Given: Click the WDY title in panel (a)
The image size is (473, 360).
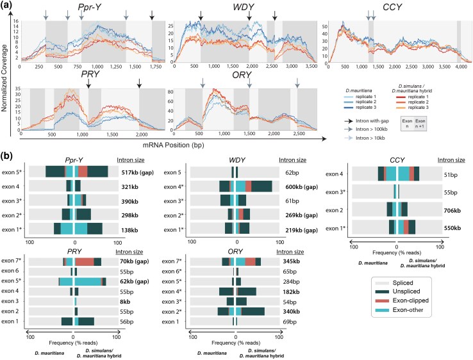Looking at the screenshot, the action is click(x=244, y=7).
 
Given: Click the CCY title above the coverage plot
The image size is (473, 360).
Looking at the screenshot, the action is click(x=392, y=7).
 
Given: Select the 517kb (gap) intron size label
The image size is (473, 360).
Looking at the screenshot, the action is click(x=138, y=173).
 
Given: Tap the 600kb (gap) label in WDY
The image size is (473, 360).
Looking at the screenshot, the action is click(x=302, y=187).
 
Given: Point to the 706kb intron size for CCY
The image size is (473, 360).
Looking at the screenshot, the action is click(x=452, y=211).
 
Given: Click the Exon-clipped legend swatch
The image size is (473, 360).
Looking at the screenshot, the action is click(x=383, y=300).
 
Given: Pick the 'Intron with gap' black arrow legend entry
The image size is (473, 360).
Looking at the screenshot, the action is click(x=367, y=121).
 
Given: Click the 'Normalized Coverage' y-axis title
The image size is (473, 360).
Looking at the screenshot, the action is click(x=4, y=78).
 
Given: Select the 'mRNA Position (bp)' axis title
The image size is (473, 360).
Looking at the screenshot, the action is click(x=173, y=145).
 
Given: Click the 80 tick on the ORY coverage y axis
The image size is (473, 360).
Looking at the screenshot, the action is click(x=170, y=92).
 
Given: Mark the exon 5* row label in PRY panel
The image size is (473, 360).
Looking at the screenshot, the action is click(x=11, y=281).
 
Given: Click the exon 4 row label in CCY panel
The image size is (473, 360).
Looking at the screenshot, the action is click(x=335, y=174).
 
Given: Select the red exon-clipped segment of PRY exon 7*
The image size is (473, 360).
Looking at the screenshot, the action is click(x=85, y=262).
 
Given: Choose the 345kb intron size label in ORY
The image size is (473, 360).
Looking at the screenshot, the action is click(x=292, y=261).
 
